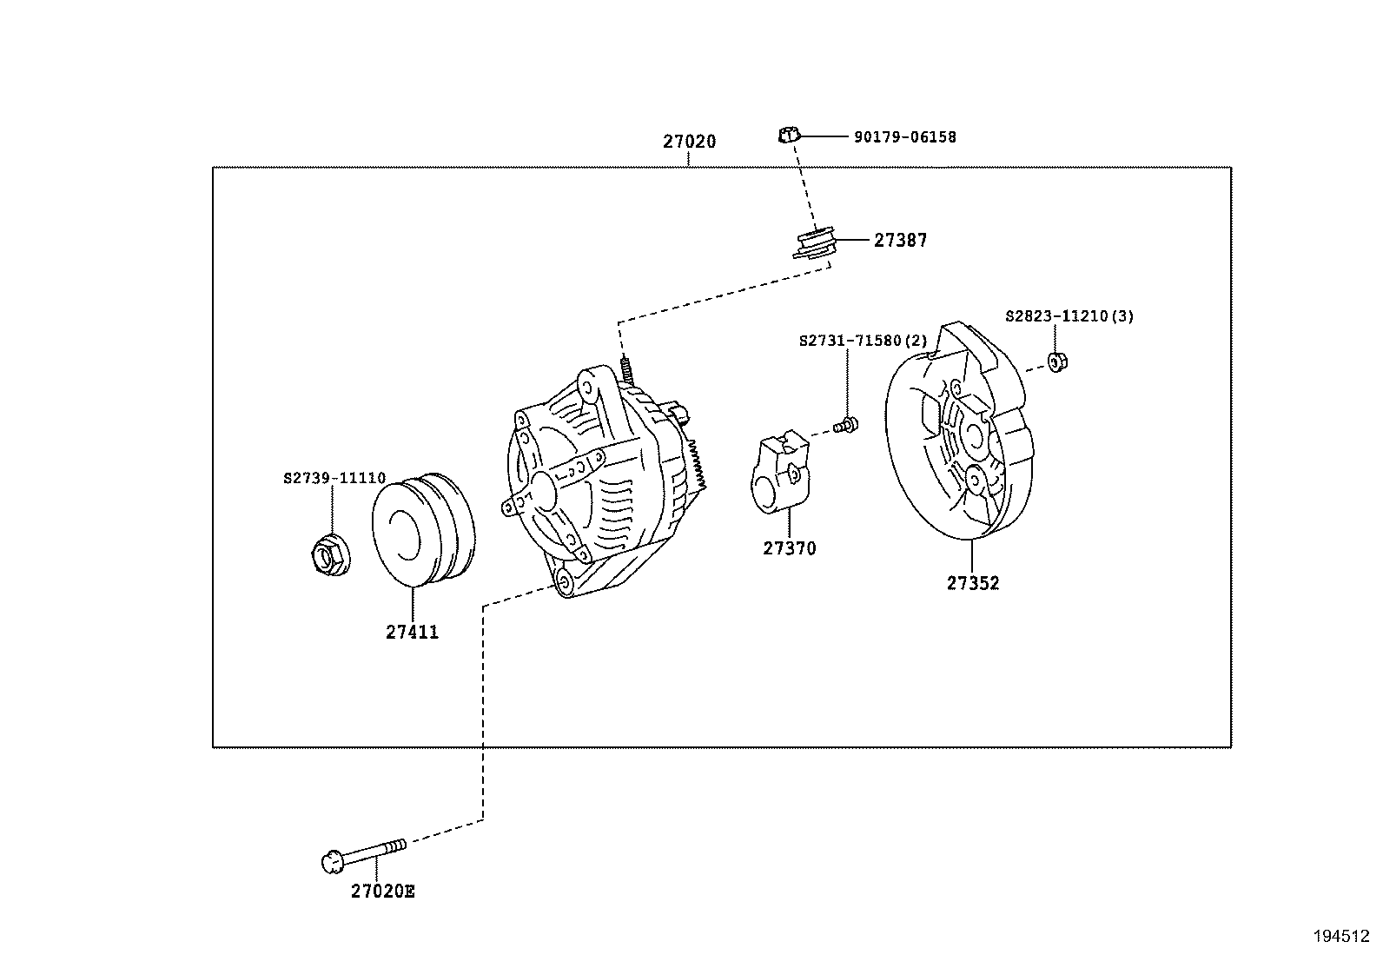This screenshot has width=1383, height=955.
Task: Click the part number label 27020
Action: [689, 142]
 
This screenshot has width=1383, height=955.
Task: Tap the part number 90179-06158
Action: [904, 137]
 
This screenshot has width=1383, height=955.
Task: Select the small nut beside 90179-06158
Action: [787, 135]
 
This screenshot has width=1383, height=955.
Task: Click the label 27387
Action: [900, 241]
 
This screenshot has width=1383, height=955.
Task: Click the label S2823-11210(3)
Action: [1069, 316]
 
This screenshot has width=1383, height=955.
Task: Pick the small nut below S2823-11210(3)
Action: [1057, 361]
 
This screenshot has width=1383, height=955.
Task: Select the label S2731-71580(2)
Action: [863, 342]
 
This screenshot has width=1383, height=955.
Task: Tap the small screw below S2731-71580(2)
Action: [845, 425]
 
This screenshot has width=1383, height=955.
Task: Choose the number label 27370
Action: [790, 549]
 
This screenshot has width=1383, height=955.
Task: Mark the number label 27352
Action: [973, 584]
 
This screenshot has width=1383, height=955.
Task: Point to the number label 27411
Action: [413, 633]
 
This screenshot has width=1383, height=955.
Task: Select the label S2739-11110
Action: [334, 479]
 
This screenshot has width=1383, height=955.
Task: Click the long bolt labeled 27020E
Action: [365, 854]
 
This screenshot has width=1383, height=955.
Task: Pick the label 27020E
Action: [383, 892]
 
